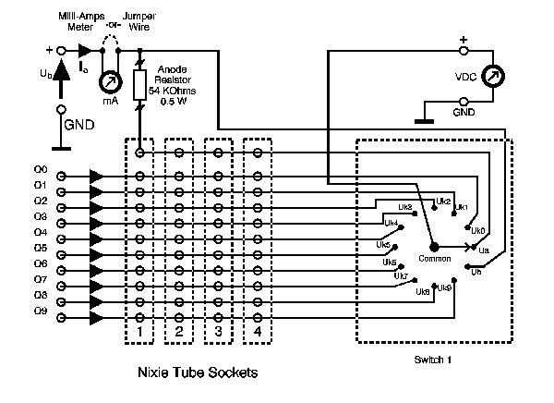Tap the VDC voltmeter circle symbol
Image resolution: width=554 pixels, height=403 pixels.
tap(497, 77)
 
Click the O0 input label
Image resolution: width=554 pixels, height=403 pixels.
tap(40, 170)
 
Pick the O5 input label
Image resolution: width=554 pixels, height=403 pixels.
tap(40, 249)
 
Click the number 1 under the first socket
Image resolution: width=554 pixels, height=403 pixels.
tap(139, 330)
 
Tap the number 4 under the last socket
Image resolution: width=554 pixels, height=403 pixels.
tap(257, 330)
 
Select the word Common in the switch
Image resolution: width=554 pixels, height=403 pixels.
tap(435, 257)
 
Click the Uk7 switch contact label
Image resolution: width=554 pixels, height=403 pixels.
tap(400, 275)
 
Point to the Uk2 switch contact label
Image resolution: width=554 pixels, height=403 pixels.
tap(442, 201)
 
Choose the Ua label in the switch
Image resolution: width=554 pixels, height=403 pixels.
tap(483, 250)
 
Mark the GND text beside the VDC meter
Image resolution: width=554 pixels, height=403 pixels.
tap(465, 111)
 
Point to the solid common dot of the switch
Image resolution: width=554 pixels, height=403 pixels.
tap(435, 246)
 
